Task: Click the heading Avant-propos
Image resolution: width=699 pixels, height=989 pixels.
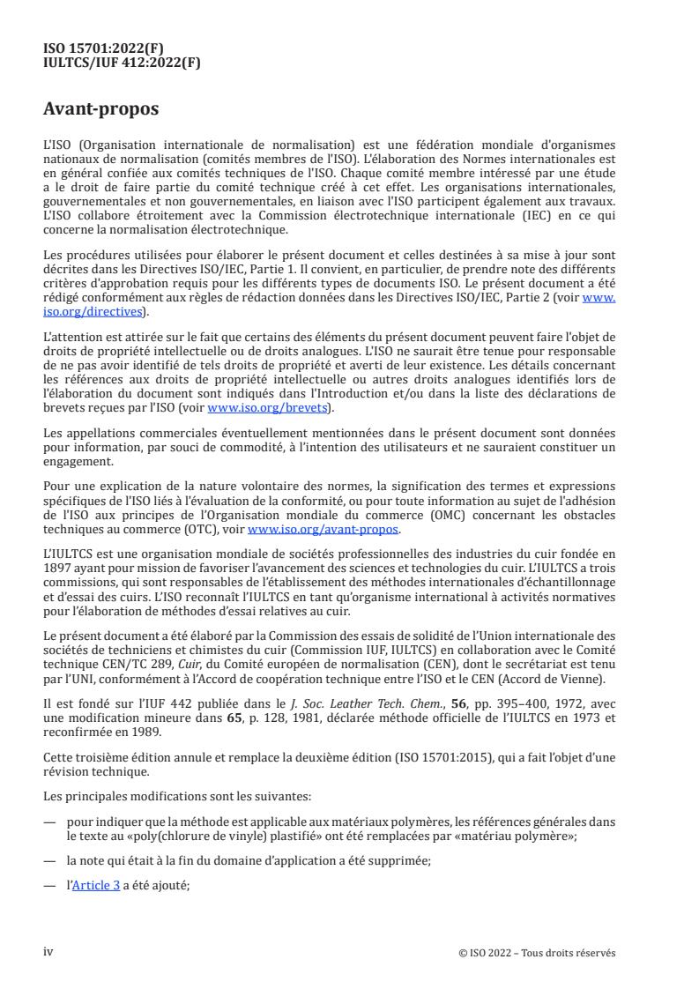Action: [x=100, y=111]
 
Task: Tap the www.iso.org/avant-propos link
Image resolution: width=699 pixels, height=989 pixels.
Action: [x=324, y=530]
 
